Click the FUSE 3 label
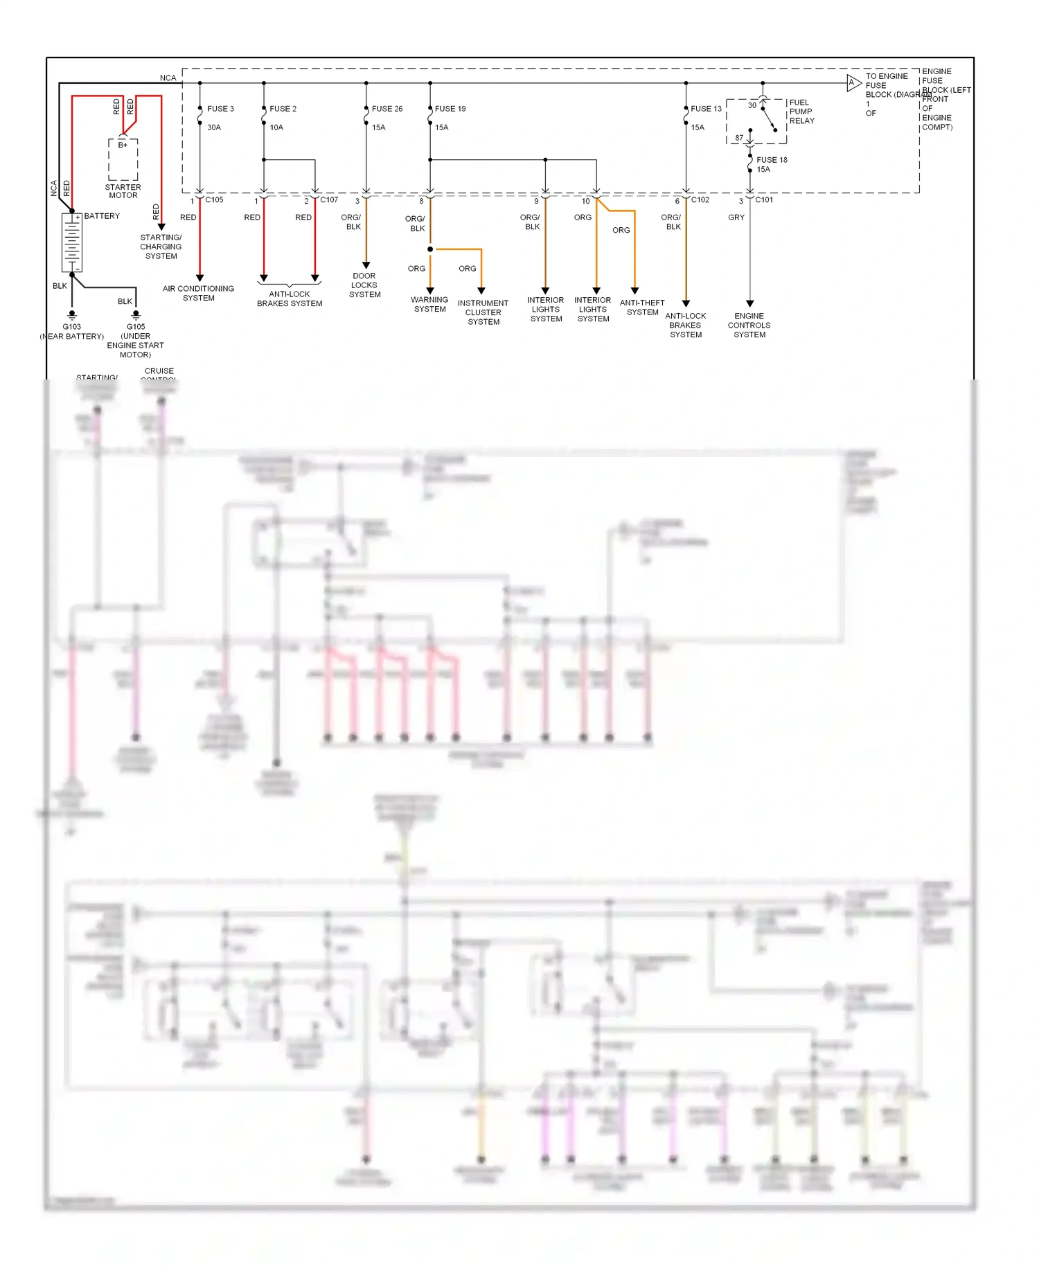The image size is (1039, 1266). click(x=220, y=109)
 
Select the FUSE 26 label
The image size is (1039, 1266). click(x=387, y=109)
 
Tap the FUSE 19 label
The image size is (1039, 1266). click(x=450, y=109)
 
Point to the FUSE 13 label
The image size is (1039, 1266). click(x=706, y=109)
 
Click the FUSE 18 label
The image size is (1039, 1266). click(x=772, y=160)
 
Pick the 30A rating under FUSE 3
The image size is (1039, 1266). click(x=214, y=127)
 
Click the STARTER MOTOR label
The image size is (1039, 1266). click(x=123, y=191)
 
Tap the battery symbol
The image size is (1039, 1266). click(x=72, y=242)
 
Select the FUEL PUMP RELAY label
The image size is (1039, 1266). click(x=801, y=112)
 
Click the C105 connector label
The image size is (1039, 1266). click(x=214, y=200)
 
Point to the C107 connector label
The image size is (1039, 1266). click(x=329, y=200)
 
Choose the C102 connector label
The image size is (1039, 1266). click(x=700, y=200)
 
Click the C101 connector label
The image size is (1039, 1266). click(x=764, y=200)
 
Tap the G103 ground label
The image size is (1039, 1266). click(x=72, y=327)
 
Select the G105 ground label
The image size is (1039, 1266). click(x=136, y=327)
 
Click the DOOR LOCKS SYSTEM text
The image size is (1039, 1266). click(x=364, y=285)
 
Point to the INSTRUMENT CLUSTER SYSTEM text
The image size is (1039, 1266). click(x=483, y=312)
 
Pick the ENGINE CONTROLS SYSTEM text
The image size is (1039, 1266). click(x=749, y=326)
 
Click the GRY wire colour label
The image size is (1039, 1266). click(x=736, y=217)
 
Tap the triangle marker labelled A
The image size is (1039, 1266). click(x=853, y=83)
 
